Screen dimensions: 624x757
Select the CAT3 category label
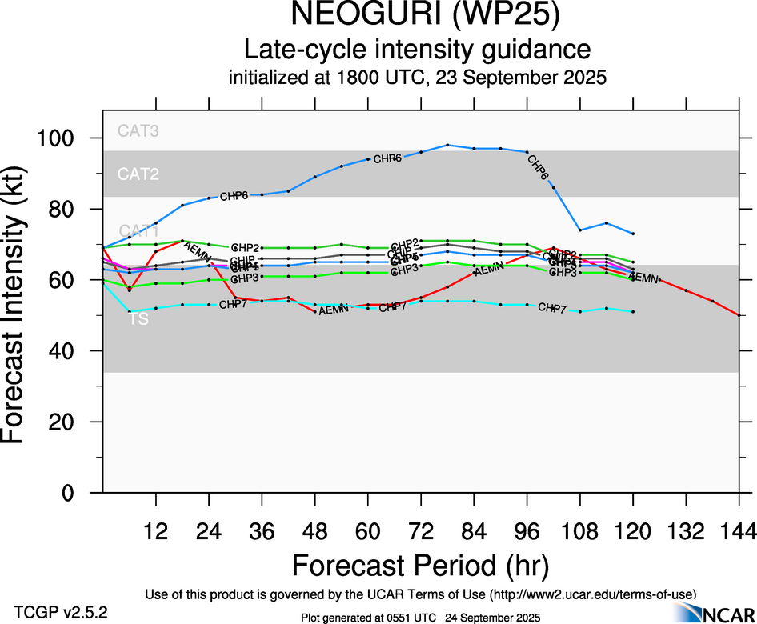click(x=138, y=130)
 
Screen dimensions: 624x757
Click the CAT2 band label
click(x=138, y=174)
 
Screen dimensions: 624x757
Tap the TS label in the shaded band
click(x=138, y=318)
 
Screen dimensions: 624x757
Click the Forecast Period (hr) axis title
click(x=420, y=565)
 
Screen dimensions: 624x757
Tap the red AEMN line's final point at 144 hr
click(x=739, y=316)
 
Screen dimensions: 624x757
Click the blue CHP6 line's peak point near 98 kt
click(x=447, y=145)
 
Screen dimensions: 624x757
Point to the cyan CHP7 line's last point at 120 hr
click(x=633, y=311)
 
